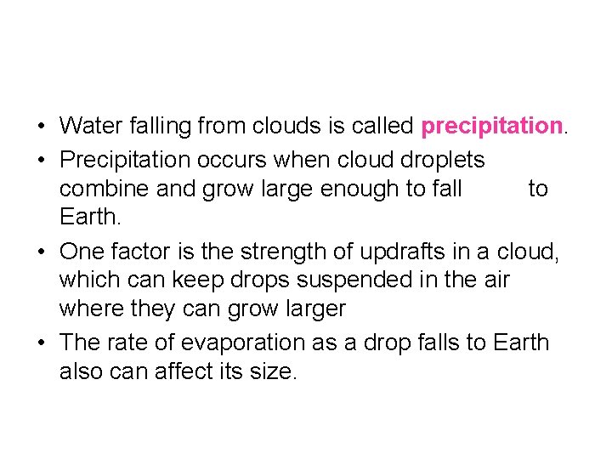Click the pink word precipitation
(x=492, y=127)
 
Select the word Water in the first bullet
(x=93, y=127)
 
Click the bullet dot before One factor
(x=41, y=252)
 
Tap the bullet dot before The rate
(x=41, y=343)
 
